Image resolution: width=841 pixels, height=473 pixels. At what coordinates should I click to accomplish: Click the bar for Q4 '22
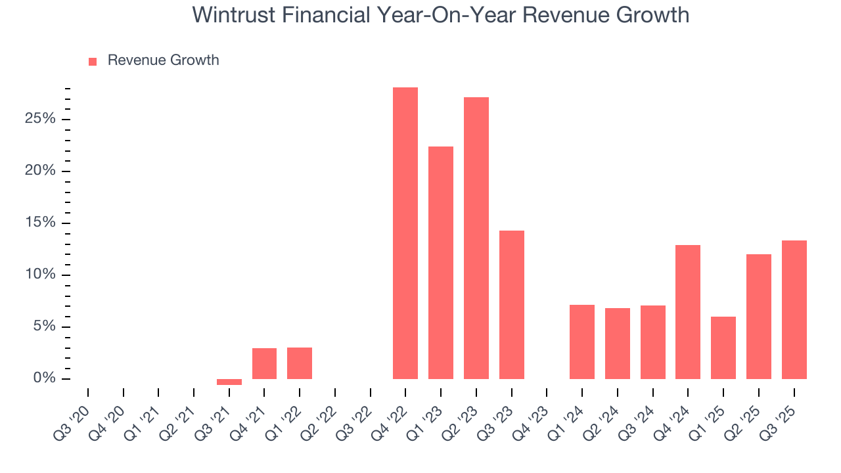tap(405, 233)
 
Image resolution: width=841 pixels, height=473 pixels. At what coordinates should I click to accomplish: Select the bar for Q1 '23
tap(440, 263)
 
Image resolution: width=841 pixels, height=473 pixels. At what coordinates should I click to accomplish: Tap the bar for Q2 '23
tap(476, 238)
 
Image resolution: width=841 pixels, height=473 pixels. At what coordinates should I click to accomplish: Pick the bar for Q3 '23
tap(511, 305)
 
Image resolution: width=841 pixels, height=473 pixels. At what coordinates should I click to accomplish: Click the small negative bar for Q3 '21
tap(229, 382)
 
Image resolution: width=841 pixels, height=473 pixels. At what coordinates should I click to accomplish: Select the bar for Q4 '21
tap(264, 363)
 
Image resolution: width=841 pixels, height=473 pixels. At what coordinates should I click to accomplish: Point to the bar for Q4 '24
tap(687, 312)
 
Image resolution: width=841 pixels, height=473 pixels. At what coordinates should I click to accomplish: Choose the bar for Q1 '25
tap(723, 348)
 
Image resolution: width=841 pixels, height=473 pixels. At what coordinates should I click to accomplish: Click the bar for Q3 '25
tap(794, 309)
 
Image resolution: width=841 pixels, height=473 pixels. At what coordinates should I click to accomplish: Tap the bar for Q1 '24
tap(581, 342)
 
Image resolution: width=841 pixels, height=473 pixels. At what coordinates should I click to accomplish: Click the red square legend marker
tap(93, 61)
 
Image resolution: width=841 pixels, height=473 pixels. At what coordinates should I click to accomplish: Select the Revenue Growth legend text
tap(163, 60)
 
